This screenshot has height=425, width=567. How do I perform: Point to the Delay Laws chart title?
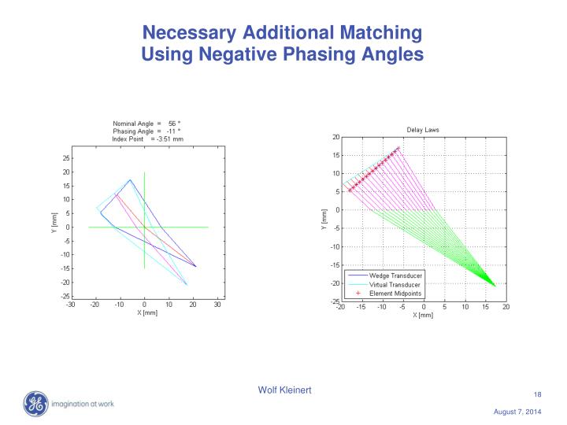click(x=423, y=130)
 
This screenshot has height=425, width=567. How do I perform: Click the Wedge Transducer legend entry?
click(x=391, y=276)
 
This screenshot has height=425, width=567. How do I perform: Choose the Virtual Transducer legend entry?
click(x=391, y=284)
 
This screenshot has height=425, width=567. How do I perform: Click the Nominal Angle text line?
click(x=147, y=124)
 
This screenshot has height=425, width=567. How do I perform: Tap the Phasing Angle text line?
click(x=147, y=131)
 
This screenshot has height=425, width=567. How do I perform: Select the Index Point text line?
click(x=147, y=139)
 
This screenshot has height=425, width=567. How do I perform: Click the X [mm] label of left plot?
click(x=143, y=312)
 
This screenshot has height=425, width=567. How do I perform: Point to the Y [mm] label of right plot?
click(x=324, y=220)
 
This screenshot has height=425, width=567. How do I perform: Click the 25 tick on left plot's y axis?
click(x=65, y=158)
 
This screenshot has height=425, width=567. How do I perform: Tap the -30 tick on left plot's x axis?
click(x=71, y=303)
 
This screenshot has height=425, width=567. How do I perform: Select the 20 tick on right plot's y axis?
click(x=335, y=137)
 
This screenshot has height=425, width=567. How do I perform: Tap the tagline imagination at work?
click(x=84, y=405)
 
